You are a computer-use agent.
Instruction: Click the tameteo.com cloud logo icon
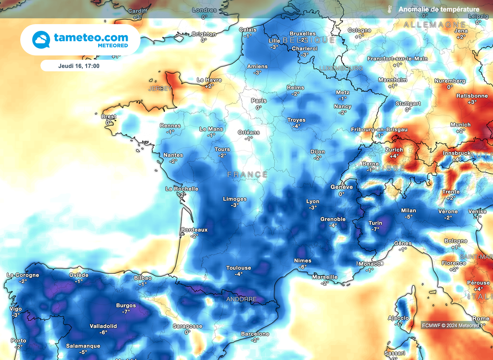tap(41, 40)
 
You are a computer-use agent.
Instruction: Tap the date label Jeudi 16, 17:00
tap(79, 66)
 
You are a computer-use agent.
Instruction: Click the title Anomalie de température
tap(439, 9)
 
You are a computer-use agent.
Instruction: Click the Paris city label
tap(259, 101)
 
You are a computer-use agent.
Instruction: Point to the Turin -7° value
tap(375, 229)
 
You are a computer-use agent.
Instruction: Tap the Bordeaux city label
tap(195, 230)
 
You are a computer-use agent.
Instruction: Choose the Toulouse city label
tap(239, 268)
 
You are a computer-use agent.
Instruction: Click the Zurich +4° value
tap(394, 156)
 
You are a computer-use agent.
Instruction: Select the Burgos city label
tap(126, 305)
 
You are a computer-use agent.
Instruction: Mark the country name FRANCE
tap(247, 174)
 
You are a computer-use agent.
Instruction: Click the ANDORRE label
tap(241, 299)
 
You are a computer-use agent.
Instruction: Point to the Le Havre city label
tap(209, 80)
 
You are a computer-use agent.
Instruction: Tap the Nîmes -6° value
tap(302, 267)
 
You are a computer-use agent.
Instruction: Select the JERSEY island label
tap(159, 89)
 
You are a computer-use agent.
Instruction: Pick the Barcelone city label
tap(255, 333)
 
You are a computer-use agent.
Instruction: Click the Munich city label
tap(460, 125)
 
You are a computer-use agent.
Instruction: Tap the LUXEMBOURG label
tap(341, 68)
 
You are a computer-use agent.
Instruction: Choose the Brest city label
tap(108, 117)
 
